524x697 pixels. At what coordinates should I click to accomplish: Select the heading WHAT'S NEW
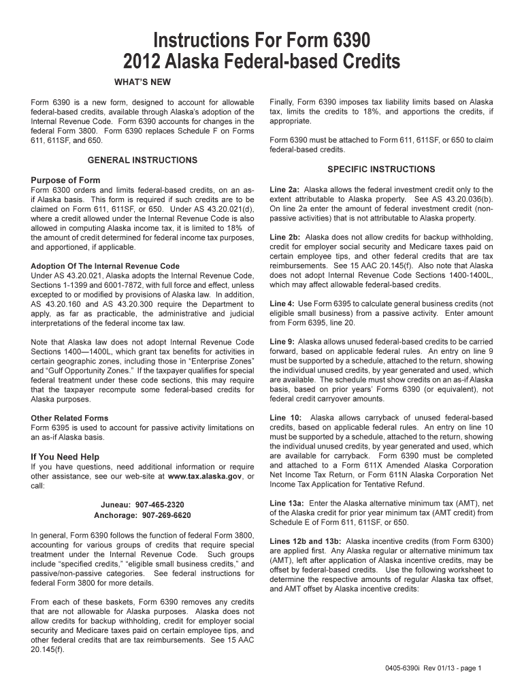142,82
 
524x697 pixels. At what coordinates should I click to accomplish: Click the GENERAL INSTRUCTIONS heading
143,160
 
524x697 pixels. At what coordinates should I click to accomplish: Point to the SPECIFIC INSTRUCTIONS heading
381,169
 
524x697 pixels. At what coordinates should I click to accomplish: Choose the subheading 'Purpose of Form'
65,180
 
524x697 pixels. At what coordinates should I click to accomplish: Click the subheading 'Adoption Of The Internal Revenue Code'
105,265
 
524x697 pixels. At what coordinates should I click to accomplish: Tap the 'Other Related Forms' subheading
69,418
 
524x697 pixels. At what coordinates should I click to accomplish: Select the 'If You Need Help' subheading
65,457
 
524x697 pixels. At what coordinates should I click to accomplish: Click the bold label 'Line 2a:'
284,190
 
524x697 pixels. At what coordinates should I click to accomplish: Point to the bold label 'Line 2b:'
284,238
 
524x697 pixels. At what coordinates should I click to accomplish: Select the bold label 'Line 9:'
282,342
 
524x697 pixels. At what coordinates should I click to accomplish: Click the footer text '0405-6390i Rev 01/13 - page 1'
432,668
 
